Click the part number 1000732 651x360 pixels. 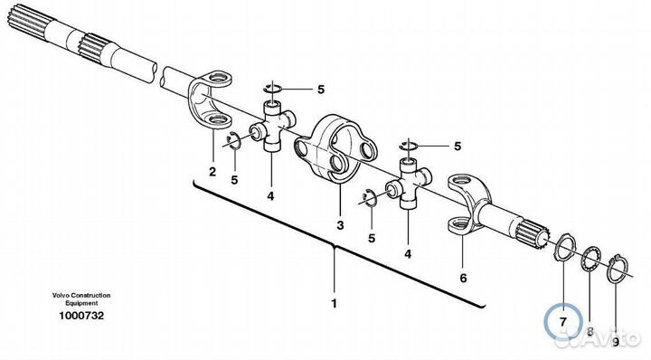81,316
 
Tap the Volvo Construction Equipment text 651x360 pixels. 81,299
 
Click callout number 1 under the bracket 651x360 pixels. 334,304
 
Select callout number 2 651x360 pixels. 212,172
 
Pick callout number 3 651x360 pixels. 341,225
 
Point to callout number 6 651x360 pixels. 463,278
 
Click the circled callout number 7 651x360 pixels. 563,322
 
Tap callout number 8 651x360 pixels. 590,332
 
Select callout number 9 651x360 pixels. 616,342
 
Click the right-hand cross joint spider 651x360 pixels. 410,182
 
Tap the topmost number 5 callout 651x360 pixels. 321,90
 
